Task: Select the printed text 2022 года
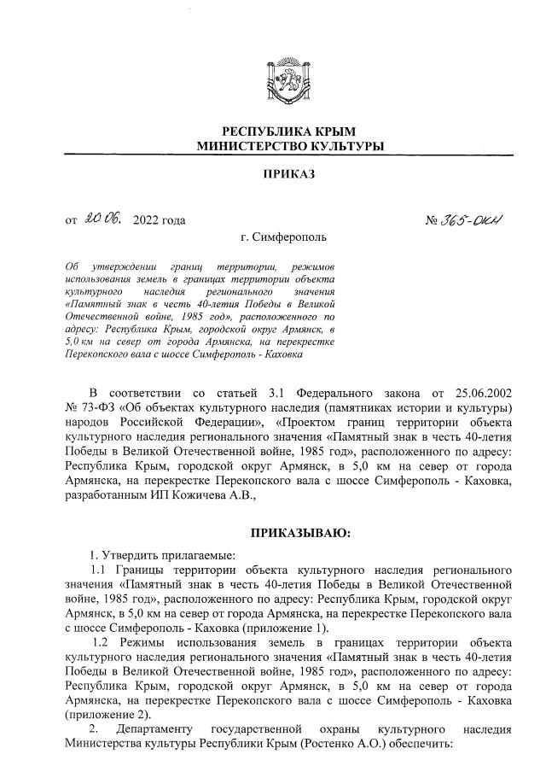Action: coord(160,222)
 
